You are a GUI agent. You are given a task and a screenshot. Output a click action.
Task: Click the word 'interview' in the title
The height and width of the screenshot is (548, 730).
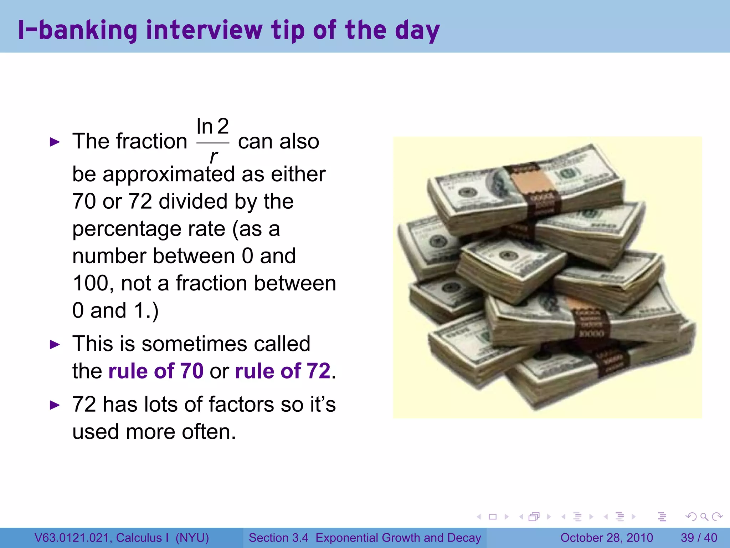tap(204, 30)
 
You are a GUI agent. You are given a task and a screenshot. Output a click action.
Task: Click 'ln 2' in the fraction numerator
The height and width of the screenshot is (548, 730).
tap(212, 126)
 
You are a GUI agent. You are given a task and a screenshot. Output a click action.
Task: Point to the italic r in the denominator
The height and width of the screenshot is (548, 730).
tap(213, 156)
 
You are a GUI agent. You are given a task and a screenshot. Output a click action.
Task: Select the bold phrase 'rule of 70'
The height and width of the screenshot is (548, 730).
tap(156, 371)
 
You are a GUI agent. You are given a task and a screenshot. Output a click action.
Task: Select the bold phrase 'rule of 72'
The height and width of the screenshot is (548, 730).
tap(283, 371)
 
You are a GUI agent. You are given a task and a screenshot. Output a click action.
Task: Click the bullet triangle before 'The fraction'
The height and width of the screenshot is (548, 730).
tap(55, 142)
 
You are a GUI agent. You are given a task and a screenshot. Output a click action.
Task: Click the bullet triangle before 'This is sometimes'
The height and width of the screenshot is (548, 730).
tap(55, 345)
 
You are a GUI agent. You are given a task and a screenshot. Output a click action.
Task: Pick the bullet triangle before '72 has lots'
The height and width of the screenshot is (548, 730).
tap(55, 405)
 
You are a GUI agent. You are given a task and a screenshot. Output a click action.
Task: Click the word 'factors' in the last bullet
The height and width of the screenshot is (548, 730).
tap(241, 404)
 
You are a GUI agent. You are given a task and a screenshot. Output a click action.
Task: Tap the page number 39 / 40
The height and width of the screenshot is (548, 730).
tap(699, 538)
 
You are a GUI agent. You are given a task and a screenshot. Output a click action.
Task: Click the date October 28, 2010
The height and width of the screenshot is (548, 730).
tap(606, 538)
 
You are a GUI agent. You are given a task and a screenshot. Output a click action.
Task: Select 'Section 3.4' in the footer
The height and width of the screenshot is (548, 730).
tap(278, 538)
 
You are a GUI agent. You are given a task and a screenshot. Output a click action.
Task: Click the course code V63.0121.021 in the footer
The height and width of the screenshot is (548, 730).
tap(73, 538)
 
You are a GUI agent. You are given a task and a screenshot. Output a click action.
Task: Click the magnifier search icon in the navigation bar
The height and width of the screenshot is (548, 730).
tap(704, 517)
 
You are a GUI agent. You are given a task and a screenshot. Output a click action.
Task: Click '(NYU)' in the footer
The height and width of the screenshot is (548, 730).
tap(192, 538)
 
